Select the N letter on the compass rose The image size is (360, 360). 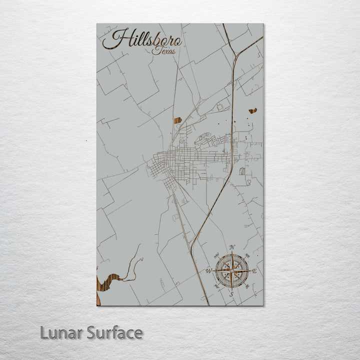(231, 247)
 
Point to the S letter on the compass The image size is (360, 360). (231, 294)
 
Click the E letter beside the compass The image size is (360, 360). (254, 270)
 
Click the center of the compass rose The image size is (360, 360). (231, 271)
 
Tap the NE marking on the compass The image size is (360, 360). (247, 256)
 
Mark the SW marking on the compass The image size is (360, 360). (216, 286)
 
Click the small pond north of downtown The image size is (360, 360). (177, 120)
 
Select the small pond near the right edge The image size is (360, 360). (252, 110)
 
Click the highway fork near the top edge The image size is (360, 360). (235, 54)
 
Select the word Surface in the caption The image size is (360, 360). (114, 332)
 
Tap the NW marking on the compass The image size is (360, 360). (216, 256)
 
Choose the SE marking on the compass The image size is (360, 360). (247, 286)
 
